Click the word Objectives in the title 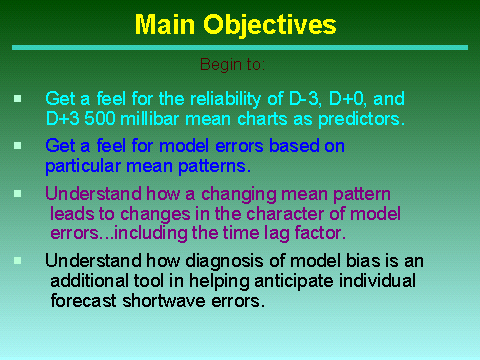tap(270, 25)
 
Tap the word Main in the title tap(165, 24)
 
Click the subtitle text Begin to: tap(232, 65)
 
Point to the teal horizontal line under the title tap(240, 48)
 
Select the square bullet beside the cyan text tap(18, 99)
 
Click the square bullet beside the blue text tap(18, 146)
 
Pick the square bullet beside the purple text tap(18, 194)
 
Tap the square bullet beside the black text tap(18, 260)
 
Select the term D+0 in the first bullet tap(348, 99)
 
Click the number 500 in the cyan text tap(99, 119)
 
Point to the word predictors tap(361, 119)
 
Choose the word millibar tap(150, 119)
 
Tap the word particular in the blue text tap(83, 166)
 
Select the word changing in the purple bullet tap(239, 195)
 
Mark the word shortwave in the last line tap(164, 301)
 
